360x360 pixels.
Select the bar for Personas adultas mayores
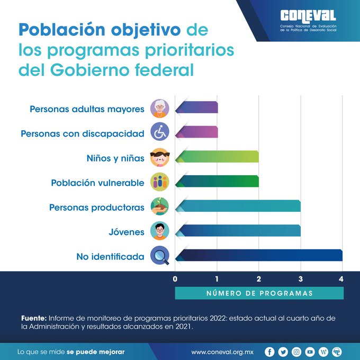coord(196,107)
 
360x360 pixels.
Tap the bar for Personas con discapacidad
coord(196,132)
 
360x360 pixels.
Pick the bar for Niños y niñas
coord(217,157)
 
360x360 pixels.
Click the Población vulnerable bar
coord(217,182)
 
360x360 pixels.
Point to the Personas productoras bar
coord(238,206)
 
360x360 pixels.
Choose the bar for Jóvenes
coord(238,231)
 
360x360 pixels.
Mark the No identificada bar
coord(259,255)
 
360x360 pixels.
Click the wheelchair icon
coord(159,132)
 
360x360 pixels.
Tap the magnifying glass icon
coord(159,256)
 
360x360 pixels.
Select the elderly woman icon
coord(159,108)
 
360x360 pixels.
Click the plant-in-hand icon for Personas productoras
coord(159,206)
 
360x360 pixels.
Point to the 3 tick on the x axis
coord(300,279)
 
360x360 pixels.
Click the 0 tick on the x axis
coord(175,279)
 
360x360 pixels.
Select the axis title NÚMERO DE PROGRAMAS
coord(259,293)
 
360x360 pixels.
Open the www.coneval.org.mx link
coord(223,352)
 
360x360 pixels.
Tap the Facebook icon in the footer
coord(270,352)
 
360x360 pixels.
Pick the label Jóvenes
coord(126,232)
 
